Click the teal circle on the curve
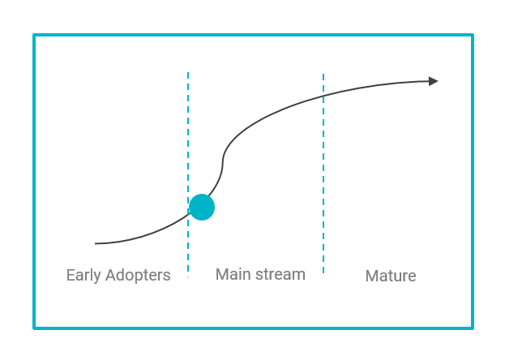coord(202,208)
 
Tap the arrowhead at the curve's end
coord(434,81)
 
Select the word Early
coord(83,276)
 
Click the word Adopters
coord(138,276)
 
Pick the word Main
coord(233,274)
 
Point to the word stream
coord(280,275)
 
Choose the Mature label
coord(391,276)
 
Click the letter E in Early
coord(71,275)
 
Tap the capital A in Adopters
coord(111,275)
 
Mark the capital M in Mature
coord(372,276)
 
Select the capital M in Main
coord(222,275)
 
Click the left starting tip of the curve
coord(96,244)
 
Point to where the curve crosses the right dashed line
coord(323,96)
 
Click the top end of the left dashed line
coord(188,72)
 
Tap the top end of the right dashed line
coord(323,74)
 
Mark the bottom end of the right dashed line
coord(323,273)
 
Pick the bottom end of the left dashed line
coord(188,276)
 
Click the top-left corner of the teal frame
coord(34,35)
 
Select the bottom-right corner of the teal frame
coord(473,328)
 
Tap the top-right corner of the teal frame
coord(473,35)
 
